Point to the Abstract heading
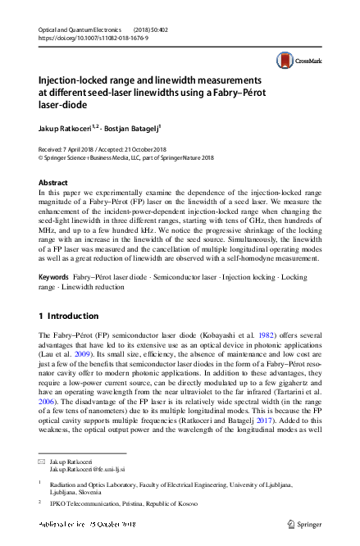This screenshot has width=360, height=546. pyautogui.click(x=53, y=182)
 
